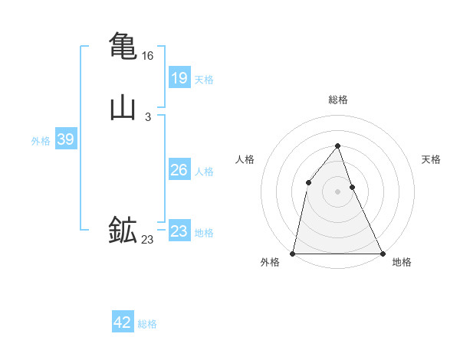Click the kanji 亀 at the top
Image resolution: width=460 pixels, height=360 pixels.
[123, 46]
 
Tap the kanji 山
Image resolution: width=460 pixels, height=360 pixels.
[123, 107]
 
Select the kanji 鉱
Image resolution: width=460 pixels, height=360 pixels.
[123, 230]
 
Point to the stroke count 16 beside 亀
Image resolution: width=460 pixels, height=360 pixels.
[148, 56]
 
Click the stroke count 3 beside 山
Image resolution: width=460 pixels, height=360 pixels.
[148, 117]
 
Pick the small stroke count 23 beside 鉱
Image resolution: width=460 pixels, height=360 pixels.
[148, 240]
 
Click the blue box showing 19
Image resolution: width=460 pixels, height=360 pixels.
[179, 78]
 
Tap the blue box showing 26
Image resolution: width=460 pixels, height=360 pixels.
[179, 170]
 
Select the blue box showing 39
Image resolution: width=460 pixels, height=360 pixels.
[65, 139]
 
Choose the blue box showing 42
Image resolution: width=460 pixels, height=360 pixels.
[123, 322]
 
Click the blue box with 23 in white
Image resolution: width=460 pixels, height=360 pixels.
[179, 231]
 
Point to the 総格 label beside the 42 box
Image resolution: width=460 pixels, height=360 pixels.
[147, 324]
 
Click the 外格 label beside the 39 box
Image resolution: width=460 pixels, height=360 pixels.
[41, 141]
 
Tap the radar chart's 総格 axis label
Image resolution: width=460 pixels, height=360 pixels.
[338, 100]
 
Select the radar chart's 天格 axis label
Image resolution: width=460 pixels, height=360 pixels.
[431, 159]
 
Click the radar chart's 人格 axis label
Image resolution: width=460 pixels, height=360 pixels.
[245, 159]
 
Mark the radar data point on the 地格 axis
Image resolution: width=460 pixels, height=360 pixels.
[383, 253]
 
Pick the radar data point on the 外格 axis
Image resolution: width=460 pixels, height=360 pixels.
[293, 253]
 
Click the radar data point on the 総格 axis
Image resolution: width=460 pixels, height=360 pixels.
[338, 146]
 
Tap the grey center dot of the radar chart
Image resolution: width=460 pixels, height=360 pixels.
[338, 191]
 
